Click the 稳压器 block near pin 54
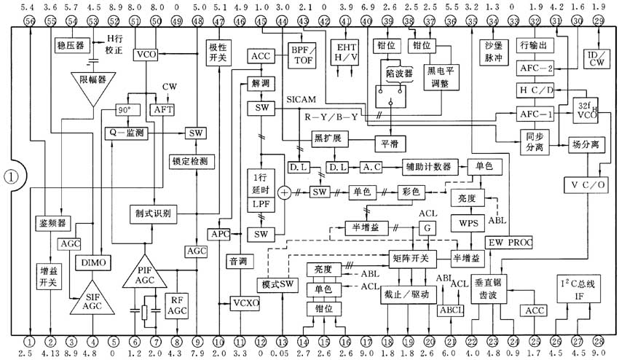[71, 45]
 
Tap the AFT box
[160, 109]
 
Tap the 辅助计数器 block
[433, 167]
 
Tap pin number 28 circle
[599, 340]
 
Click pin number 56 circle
[30, 22]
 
